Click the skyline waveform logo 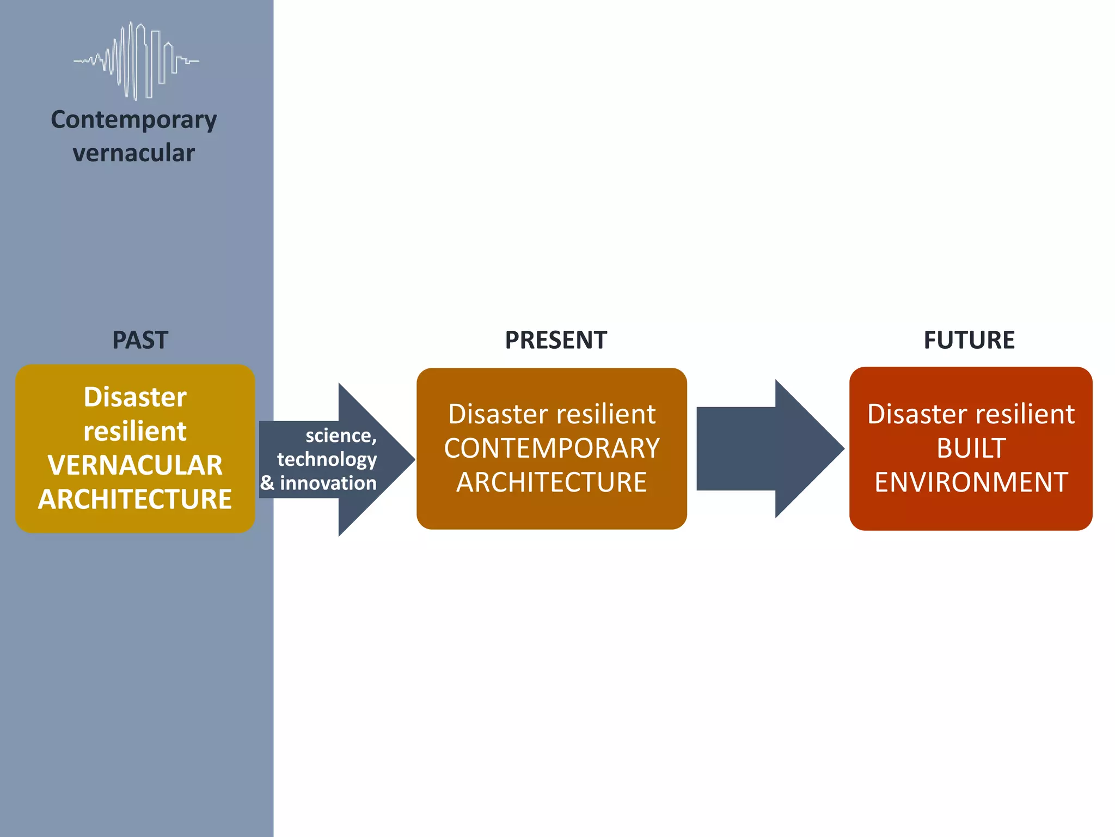(x=136, y=61)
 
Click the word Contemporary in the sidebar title (x=134, y=120)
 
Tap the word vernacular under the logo (x=134, y=153)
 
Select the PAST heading (x=140, y=340)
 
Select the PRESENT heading (x=555, y=340)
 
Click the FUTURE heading (x=969, y=340)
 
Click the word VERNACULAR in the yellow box (x=135, y=465)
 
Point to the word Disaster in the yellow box (x=135, y=397)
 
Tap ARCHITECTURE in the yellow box (x=135, y=499)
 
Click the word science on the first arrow (x=338, y=435)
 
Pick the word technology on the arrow (x=327, y=459)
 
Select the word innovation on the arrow (x=328, y=483)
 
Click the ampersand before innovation (x=267, y=483)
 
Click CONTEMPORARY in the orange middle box (x=552, y=448)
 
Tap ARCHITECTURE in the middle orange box (x=552, y=482)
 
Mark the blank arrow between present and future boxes (x=768, y=448)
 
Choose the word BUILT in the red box (x=971, y=448)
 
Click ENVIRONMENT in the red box (x=971, y=482)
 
